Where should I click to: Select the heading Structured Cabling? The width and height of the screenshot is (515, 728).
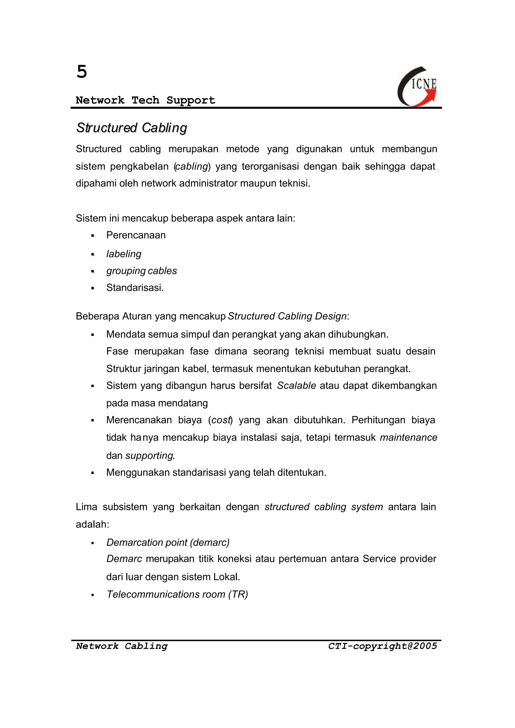[132, 128]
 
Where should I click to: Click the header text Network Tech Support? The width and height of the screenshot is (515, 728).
[145, 100]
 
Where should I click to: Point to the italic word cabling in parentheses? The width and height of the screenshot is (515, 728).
[192, 166]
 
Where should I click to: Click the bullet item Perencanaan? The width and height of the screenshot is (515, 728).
[136, 235]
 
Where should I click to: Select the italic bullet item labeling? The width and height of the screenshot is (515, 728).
[124, 254]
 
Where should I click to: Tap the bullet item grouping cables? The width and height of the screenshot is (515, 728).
[141, 271]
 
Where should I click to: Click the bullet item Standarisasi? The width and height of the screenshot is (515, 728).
[135, 288]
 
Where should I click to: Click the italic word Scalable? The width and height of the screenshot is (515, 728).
[296, 386]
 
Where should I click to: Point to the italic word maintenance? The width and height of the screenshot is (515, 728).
[408, 438]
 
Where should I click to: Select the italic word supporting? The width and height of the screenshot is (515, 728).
[149, 456]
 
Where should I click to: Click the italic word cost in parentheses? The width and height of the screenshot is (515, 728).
[220, 420]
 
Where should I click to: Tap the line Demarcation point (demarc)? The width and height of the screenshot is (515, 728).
[168, 542]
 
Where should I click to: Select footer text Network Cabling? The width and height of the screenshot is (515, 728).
[122, 646]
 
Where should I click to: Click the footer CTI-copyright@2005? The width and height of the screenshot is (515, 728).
[382, 646]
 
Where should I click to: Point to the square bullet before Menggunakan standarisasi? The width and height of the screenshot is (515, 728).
[93, 473]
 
